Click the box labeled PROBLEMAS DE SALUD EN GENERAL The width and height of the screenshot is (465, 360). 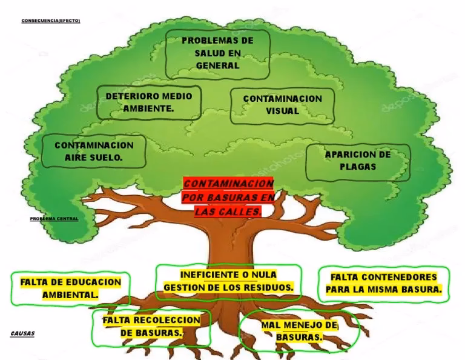[x=217, y=53]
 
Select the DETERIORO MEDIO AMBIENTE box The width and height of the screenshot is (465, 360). [x=148, y=102]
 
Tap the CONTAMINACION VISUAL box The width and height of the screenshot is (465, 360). [x=282, y=105]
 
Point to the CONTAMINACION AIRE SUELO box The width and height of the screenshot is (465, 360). [x=94, y=152]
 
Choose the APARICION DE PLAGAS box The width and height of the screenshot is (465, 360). [x=358, y=161]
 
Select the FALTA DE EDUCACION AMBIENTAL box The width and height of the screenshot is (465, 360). [x=70, y=288]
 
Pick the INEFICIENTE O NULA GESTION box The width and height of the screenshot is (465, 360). [x=228, y=281]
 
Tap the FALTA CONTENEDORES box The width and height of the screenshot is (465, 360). [x=383, y=284]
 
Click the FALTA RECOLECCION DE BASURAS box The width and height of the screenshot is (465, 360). [x=151, y=327]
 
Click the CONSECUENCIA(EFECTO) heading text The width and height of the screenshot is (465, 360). [x=50, y=21]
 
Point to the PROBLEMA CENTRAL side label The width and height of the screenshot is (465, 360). [x=54, y=218]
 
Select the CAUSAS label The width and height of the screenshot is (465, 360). [x=22, y=333]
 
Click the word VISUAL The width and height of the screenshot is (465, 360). [x=283, y=112]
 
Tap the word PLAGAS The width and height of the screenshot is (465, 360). [x=358, y=167]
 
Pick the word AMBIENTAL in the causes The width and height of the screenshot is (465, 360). [x=70, y=295]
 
